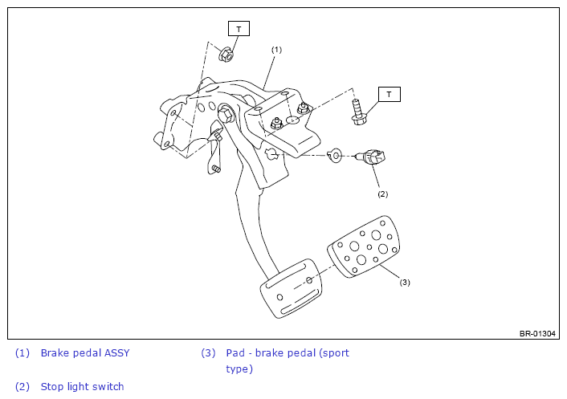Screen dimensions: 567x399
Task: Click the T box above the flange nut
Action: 239,29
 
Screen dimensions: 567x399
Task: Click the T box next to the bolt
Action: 389,94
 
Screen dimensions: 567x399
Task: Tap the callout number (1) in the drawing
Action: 276,50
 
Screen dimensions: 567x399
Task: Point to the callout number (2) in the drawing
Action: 382,194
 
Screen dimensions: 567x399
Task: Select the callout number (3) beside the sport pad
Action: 405,283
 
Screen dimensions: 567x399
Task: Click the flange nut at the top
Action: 226,55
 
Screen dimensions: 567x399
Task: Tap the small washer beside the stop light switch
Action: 335,156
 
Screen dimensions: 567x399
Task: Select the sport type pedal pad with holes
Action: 364,246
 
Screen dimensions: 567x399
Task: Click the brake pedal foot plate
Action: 291,288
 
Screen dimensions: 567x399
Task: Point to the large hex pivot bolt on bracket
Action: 226,113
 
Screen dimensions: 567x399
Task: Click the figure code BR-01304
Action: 537,334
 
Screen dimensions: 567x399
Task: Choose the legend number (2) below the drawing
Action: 22,386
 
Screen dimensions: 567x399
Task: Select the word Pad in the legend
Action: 235,352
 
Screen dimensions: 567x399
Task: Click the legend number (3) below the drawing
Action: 208,352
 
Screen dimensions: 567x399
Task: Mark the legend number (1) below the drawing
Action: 22,352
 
